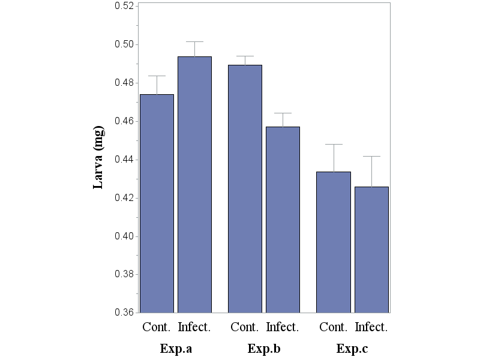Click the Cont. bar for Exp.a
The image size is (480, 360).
[157, 203]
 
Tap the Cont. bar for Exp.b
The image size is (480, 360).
[245, 188]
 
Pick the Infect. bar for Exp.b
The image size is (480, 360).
[283, 220]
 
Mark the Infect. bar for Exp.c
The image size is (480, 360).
[371, 250]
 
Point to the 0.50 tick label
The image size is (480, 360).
[125, 44]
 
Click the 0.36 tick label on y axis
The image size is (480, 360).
[125, 313]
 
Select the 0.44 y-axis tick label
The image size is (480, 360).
[125, 160]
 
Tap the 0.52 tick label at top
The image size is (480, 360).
[125, 6]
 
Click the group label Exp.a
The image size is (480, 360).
[176, 349]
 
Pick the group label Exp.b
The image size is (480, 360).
[264, 349]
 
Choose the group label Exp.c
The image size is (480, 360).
[352, 349]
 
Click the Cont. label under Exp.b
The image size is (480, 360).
[245, 328]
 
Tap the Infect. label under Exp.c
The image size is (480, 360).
[371, 328]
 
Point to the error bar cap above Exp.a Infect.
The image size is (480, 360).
[194, 41]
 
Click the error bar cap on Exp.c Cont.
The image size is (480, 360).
[334, 144]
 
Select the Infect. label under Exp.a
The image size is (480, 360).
[194, 328]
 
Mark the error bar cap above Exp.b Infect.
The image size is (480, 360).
[283, 113]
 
